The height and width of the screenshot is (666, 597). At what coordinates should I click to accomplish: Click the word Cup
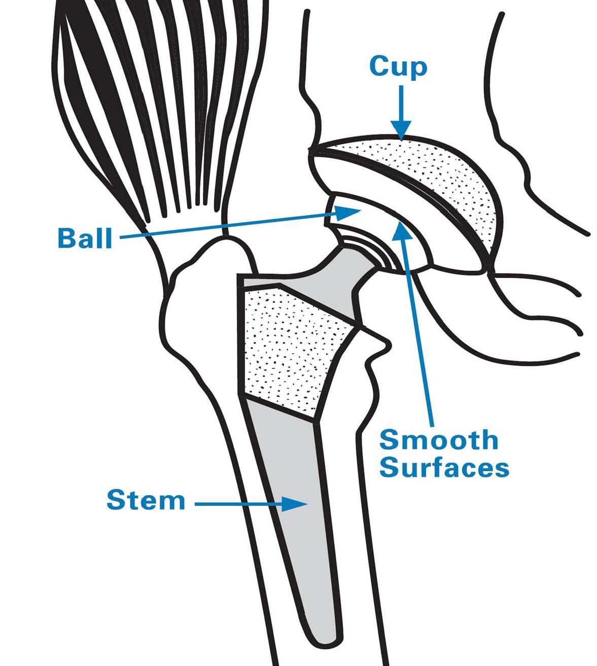(398, 66)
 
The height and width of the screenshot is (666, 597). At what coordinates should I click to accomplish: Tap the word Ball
(85, 238)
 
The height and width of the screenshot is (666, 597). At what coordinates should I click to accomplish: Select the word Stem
(146, 501)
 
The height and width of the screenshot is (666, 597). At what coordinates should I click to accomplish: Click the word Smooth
(439, 439)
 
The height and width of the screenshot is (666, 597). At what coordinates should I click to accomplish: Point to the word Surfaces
(444, 468)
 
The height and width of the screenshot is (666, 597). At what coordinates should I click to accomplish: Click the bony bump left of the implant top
(203, 284)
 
